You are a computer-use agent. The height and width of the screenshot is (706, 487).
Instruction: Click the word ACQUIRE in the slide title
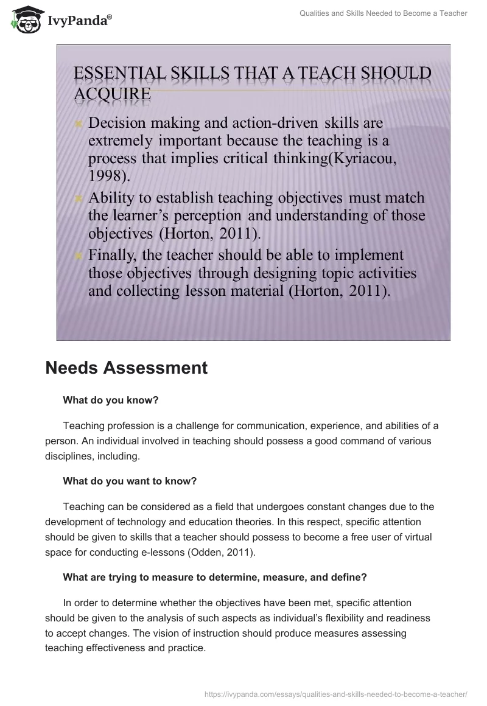coord(112,94)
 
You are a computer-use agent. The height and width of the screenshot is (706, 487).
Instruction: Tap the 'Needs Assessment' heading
coord(126,368)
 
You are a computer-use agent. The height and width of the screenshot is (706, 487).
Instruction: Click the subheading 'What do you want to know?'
coord(130,481)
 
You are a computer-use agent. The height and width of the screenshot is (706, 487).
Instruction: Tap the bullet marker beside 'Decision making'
coord(78,124)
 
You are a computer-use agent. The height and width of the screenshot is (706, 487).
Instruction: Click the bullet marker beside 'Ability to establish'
coord(78,199)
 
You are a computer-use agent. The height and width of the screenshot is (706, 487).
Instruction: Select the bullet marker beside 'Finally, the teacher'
coord(78,256)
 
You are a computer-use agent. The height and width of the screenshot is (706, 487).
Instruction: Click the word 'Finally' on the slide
coord(112,255)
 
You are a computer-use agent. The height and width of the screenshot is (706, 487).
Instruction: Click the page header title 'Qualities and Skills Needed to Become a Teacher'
coord(384,13)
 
